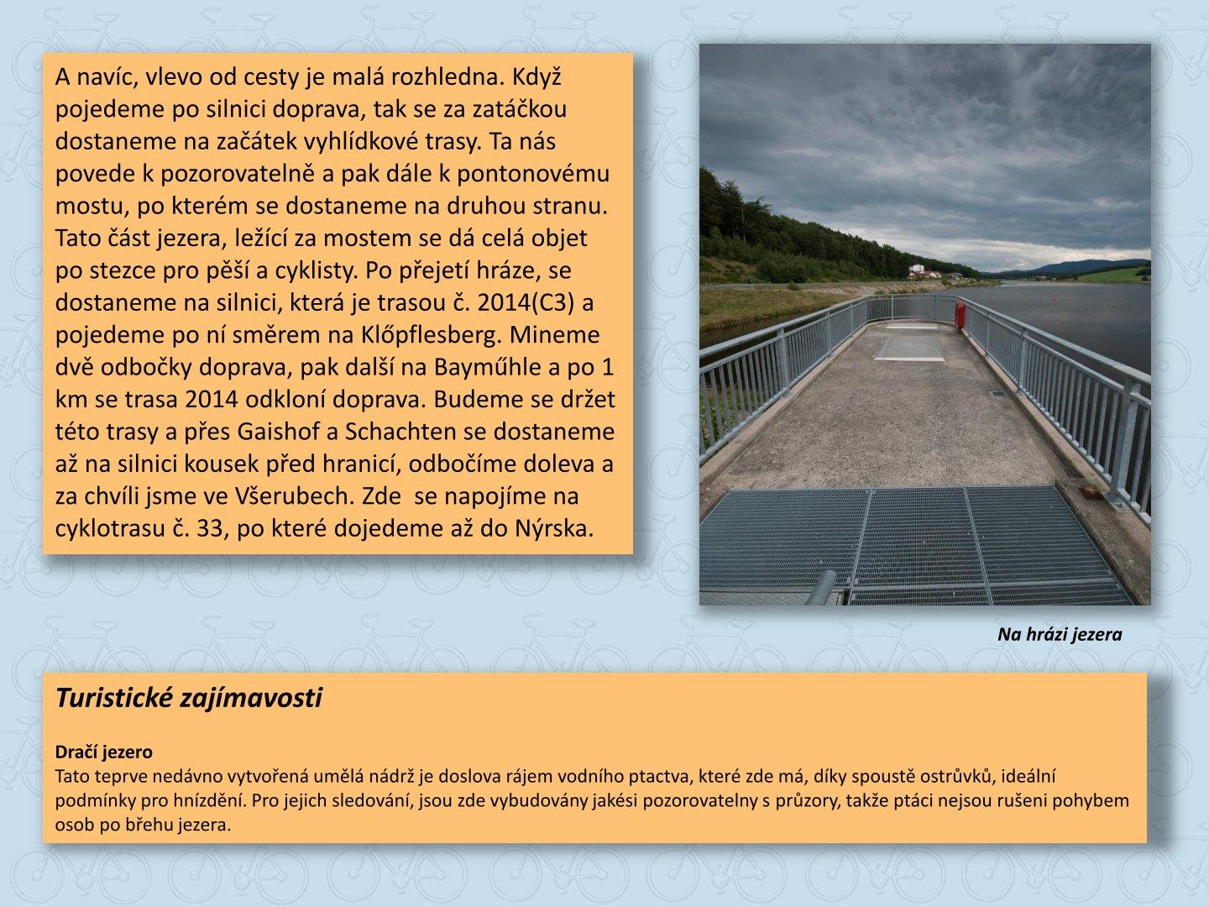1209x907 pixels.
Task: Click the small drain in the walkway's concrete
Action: pyautogui.click(x=996, y=393)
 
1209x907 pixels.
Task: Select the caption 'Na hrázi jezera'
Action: pyautogui.click(x=1060, y=635)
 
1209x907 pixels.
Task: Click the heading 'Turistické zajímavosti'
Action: pyautogui.click(x=188, y=698)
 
